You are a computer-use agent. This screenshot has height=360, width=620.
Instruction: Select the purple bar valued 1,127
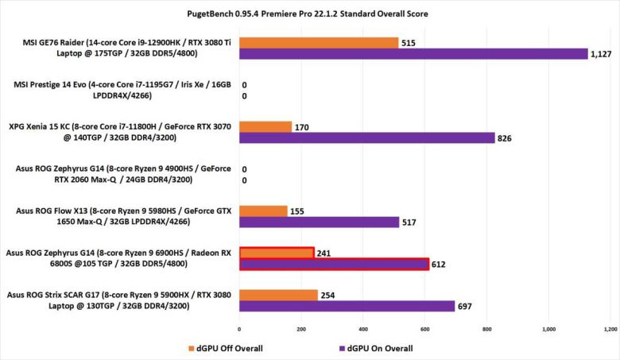point(413,54)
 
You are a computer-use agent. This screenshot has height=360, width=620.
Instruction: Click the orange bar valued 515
point(319,42)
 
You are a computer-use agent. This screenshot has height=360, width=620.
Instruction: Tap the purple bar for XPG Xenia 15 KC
point(366,138)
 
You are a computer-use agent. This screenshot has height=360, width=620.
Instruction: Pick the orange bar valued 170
point(265,126)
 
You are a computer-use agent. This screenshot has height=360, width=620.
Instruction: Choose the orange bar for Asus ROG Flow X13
point(263,211)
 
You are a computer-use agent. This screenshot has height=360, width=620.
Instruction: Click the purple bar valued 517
point(319,223)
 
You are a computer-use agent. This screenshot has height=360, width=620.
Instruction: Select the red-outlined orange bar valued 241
point(277,253)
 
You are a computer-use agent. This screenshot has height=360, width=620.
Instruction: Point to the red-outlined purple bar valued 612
point(334,264)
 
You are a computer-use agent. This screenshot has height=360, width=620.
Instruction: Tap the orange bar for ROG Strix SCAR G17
point(278,295)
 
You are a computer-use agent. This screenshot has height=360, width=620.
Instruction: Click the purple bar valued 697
point(347,307)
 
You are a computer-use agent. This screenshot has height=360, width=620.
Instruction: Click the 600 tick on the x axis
point(424,328)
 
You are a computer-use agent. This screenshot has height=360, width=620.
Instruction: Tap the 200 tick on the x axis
point(301,328)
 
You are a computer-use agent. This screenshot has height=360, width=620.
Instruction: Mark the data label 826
point(504,139)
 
